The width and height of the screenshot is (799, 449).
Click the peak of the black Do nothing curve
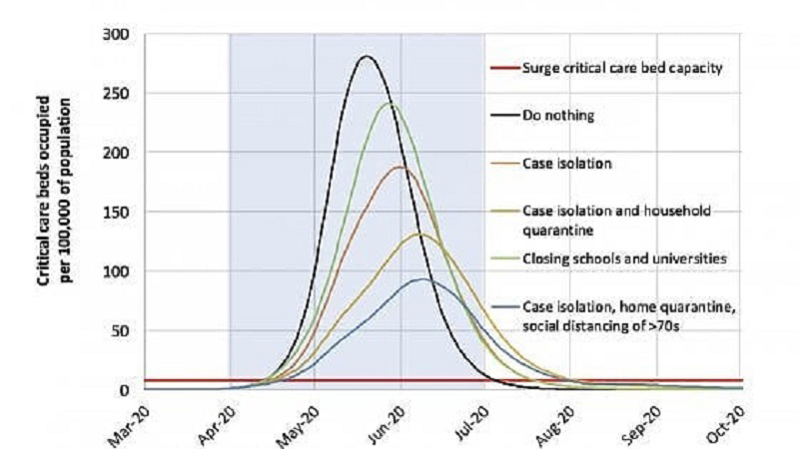pos(367,57)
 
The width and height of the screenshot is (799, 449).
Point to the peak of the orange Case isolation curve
pos(400,168)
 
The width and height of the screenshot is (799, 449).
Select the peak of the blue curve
pos(422,279)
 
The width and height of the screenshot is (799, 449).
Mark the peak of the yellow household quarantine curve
pos(419,233)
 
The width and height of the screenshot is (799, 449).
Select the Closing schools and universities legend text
pos(626,259)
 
